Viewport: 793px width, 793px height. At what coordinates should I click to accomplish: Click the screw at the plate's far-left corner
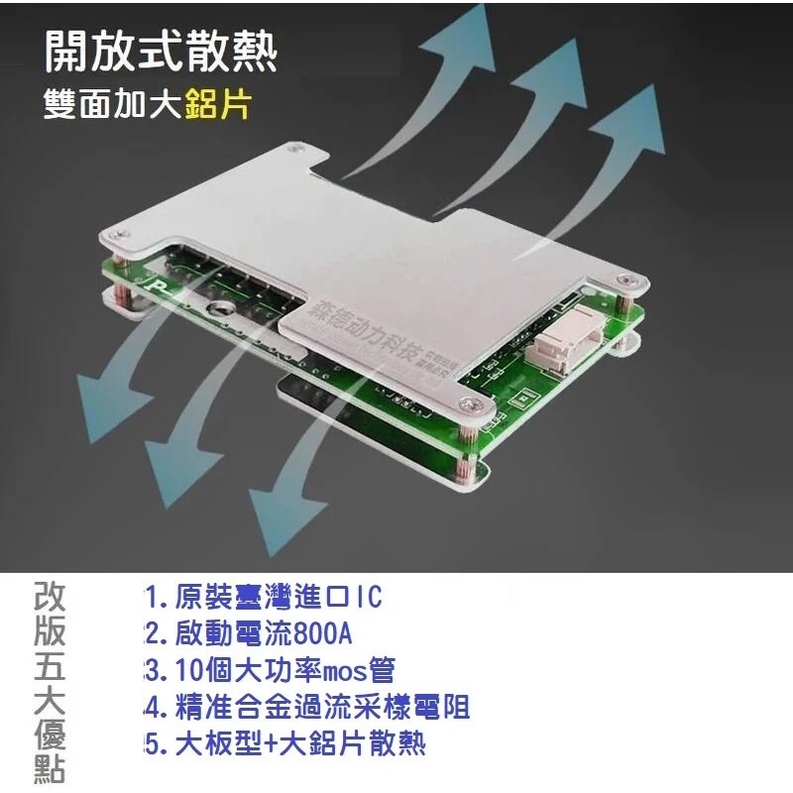pos(115,233)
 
